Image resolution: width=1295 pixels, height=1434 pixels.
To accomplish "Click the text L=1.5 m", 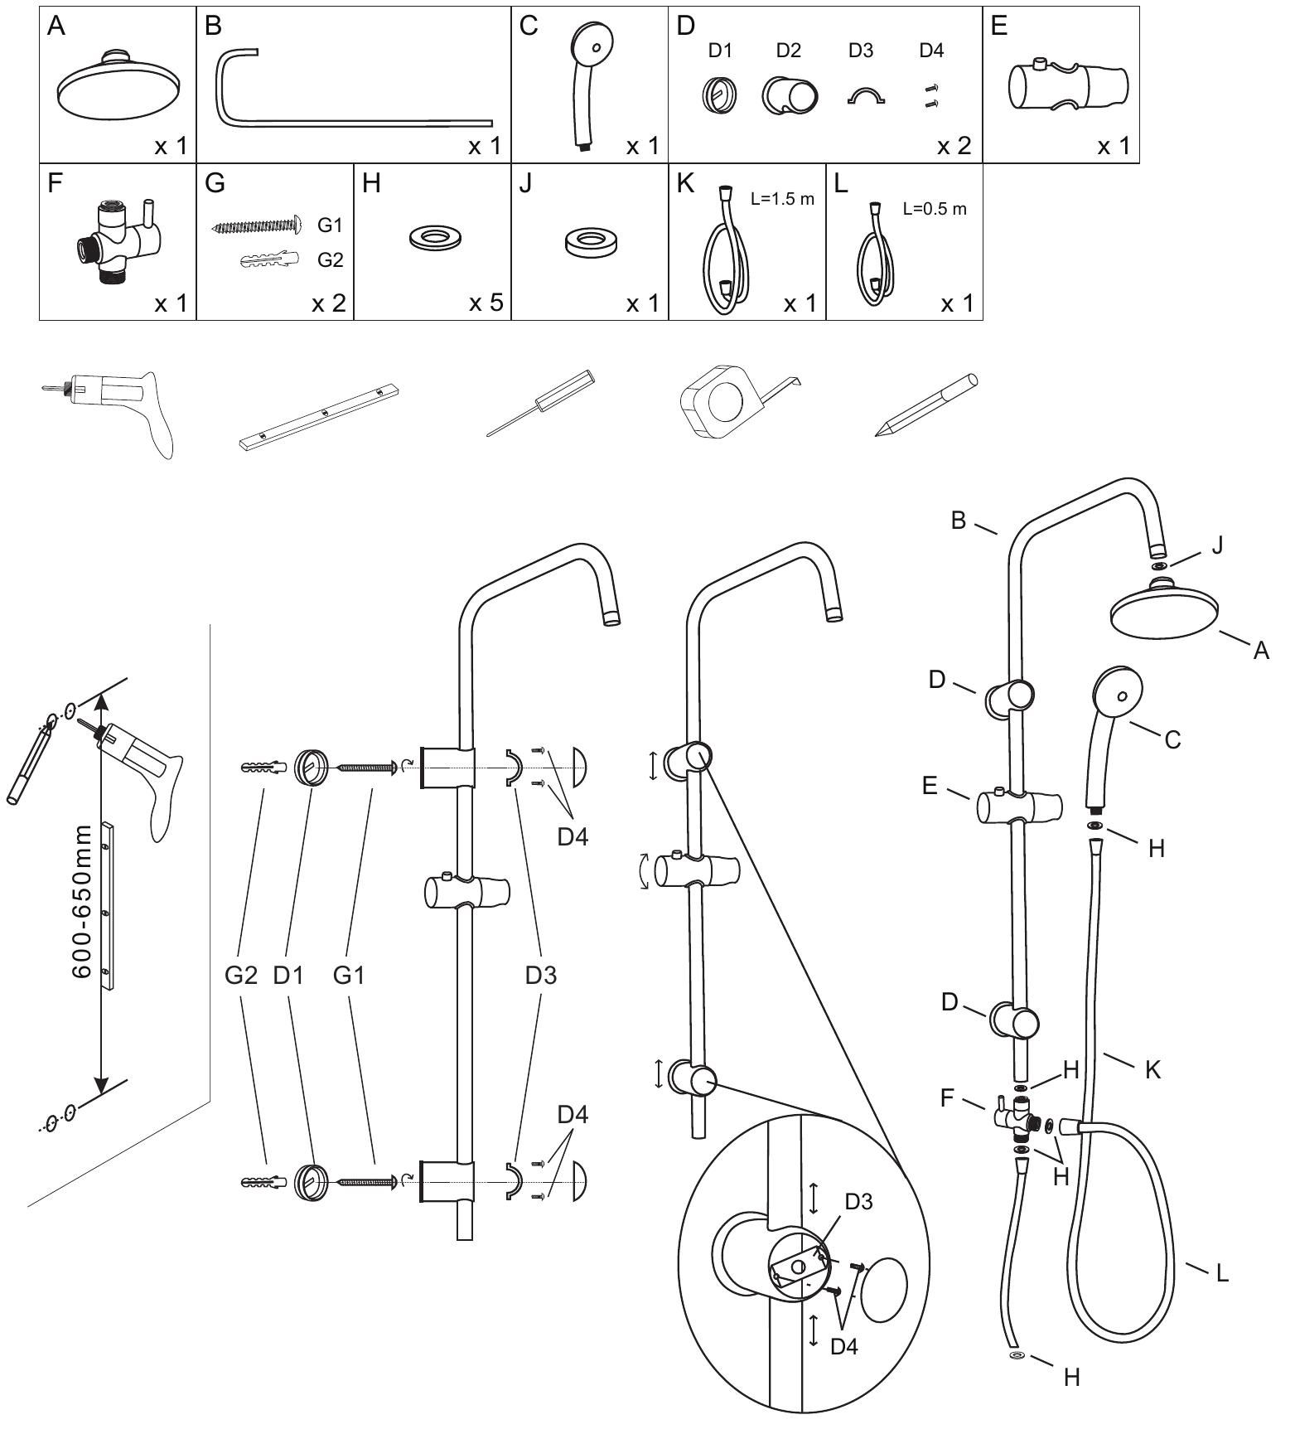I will point(782,199).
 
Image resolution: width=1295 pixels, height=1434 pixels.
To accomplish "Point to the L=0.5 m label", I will point(935,209).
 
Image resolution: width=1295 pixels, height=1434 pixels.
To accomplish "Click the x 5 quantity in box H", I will point(486,303).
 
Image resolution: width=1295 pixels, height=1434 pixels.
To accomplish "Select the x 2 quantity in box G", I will point(328,303).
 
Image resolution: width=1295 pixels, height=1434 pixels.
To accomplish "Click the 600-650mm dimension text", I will point(81,901).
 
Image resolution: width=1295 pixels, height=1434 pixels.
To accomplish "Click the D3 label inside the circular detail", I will point(858,1201).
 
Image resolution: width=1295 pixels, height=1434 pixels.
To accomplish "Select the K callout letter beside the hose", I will point(1152,1069).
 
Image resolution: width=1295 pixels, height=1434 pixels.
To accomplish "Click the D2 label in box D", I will point(788,51).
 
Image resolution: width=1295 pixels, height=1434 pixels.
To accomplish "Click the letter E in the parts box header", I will point(999,27).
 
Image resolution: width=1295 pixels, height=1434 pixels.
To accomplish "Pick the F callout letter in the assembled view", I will point(950,1100).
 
